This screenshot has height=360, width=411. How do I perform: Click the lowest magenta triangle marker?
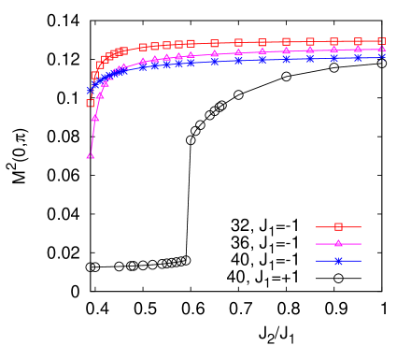point(91,157)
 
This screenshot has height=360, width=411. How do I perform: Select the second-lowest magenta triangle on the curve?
point(95,118)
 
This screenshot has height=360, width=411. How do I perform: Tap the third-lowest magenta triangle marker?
point(100,95)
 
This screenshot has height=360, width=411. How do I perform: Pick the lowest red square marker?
point(91,103)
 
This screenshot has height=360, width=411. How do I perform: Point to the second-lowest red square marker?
point(95,75)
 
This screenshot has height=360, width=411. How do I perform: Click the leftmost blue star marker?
point(91,91)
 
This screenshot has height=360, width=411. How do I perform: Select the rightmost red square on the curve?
point(381,41)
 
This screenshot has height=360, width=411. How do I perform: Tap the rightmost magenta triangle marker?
point(381,49)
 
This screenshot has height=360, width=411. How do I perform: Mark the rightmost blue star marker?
point(381,57)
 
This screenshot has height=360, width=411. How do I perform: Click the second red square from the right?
point(358,41)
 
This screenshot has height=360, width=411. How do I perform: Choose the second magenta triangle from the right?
point(358,50)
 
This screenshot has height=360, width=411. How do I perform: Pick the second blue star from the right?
point(358,58)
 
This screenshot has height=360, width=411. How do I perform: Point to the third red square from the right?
point(333,41)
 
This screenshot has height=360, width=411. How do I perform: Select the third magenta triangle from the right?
point(333,50)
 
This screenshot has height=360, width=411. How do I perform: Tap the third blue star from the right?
point(333,58)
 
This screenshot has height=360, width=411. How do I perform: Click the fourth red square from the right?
point(310,41)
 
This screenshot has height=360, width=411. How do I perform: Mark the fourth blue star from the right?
point(310,58)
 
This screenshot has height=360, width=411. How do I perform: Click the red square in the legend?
point(338,226)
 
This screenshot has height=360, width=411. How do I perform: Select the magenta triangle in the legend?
point(338,243)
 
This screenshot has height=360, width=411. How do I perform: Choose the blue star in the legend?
point(338,261)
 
